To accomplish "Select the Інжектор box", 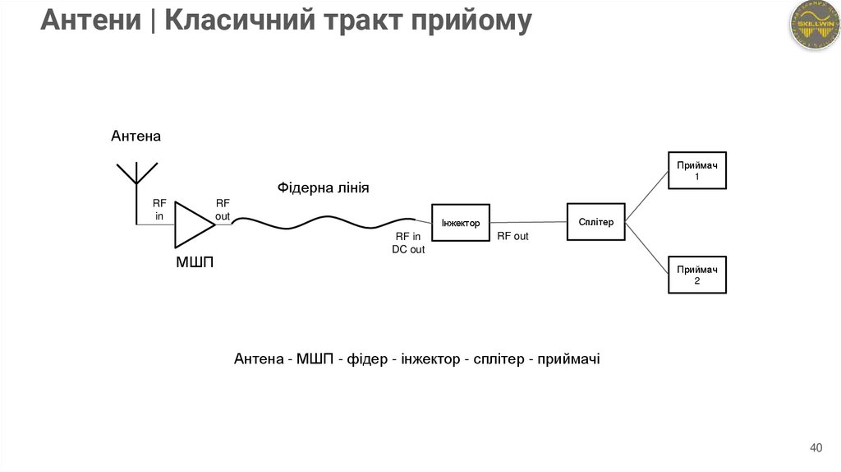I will [x=461, y=223].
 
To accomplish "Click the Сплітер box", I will [x=595, y=221].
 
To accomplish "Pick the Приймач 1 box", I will [x=696, y=170].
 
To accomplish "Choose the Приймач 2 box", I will [x=696, y=275].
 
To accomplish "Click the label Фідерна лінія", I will [x=323, y=188].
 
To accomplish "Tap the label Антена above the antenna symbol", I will [x=136, y=137].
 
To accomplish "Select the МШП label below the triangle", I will [x=195, y=263].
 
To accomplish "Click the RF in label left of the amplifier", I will [x=159, y=210].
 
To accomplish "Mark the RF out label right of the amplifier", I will [x=223, y=210].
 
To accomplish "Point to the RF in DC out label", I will [x=408, y=243].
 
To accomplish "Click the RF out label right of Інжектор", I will [x=513, y=236].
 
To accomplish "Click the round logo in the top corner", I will [x=811, y=25].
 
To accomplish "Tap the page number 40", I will [x=815, y=448].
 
